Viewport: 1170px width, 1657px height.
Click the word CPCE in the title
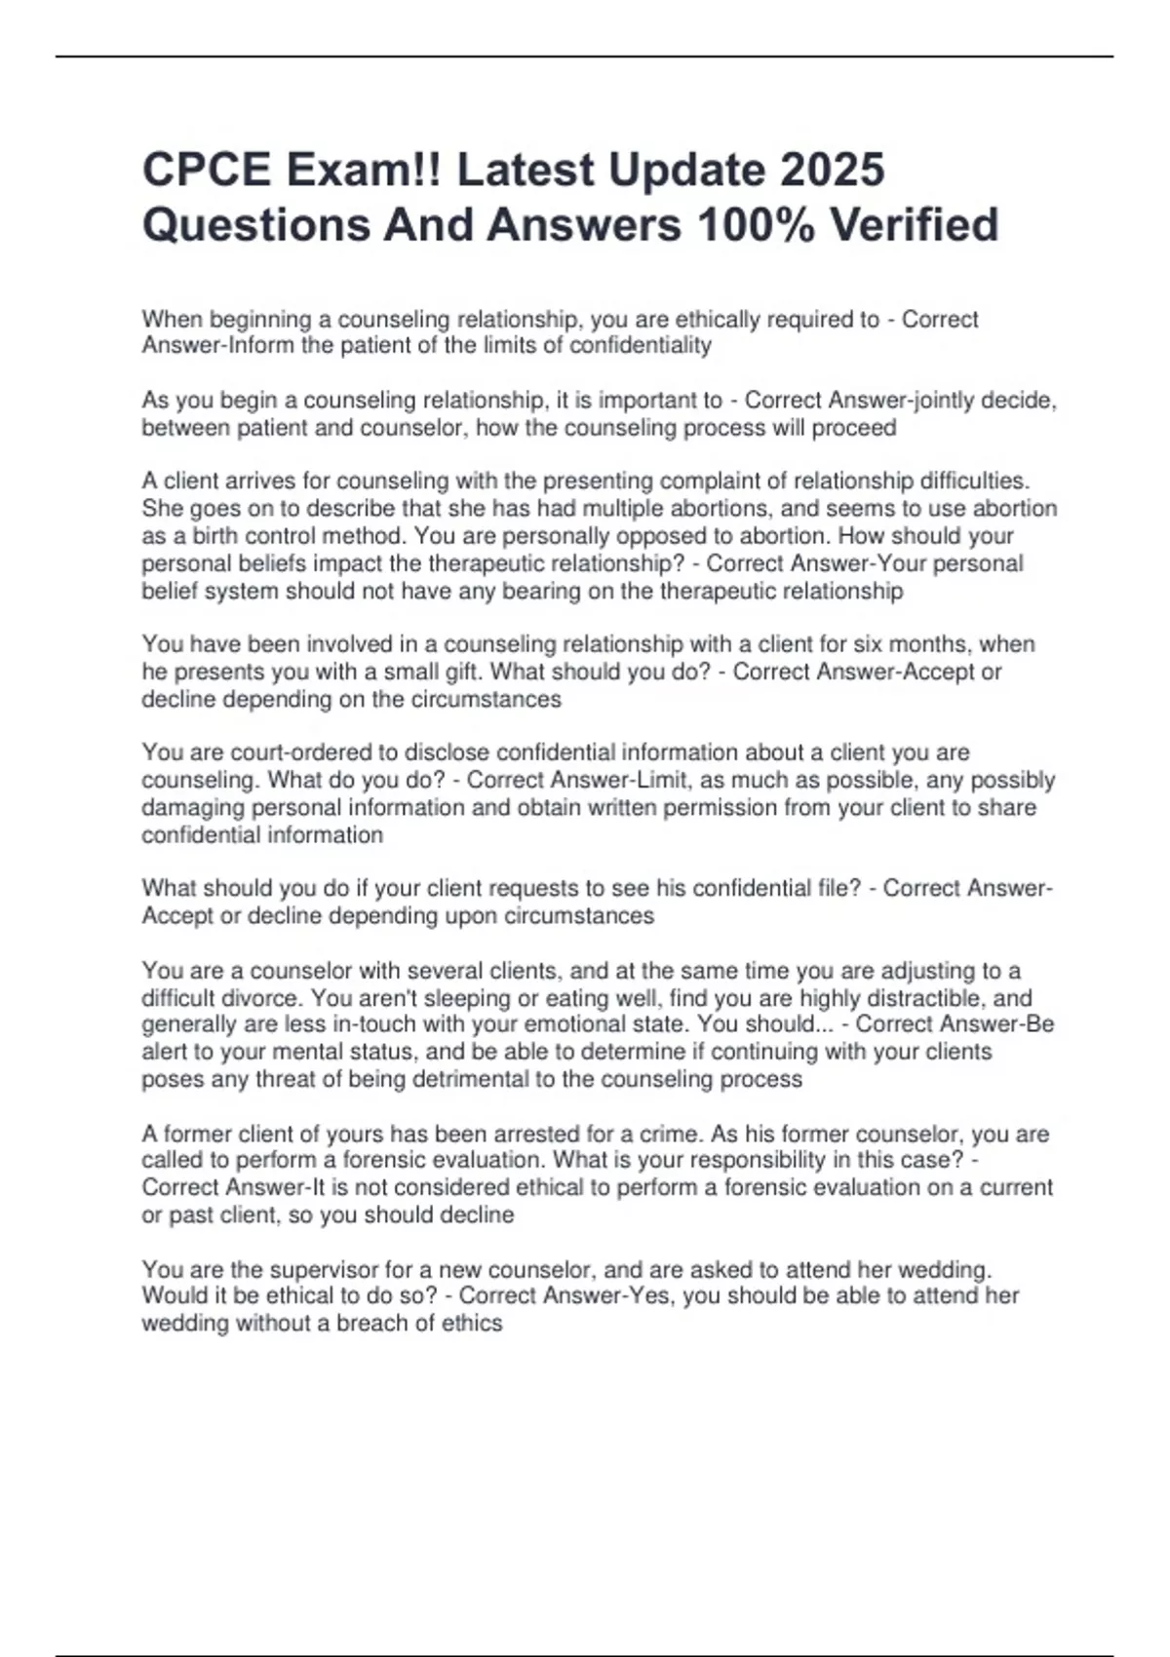tap(207, 170)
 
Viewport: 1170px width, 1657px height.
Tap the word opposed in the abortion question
tap(666, 536)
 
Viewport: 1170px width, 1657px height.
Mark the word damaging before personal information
tap(193, 808)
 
